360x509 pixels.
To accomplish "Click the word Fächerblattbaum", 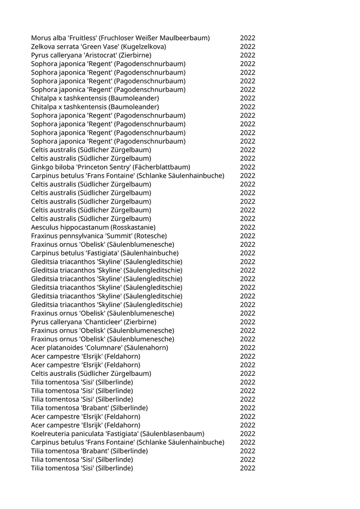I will [x=164, y=167].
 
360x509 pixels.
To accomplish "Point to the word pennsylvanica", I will [x=80, y=236].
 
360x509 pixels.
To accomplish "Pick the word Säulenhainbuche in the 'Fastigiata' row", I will [x=151, y=253].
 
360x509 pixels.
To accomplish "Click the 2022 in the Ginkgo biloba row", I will [x=247, y=167].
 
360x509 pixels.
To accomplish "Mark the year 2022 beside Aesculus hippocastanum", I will [x=247, y=227].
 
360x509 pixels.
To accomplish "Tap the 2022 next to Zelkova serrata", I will [x=247, y=47].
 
